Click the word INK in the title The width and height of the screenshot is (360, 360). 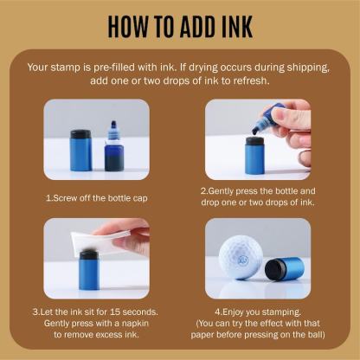[238, 26]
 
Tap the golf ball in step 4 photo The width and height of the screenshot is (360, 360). [241, 257]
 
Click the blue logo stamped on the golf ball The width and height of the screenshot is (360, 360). [241, 260]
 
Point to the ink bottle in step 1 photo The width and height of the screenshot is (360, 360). [114, 146]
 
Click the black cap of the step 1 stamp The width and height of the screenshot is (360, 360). [80, 134]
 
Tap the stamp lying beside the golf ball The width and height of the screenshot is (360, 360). [285, 268]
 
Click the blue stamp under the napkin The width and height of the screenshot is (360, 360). [89, 270]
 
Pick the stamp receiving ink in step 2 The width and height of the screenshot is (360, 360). [254, 156]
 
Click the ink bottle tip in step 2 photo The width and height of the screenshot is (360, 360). [255, 131]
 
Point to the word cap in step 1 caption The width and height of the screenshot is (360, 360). [140, 199]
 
